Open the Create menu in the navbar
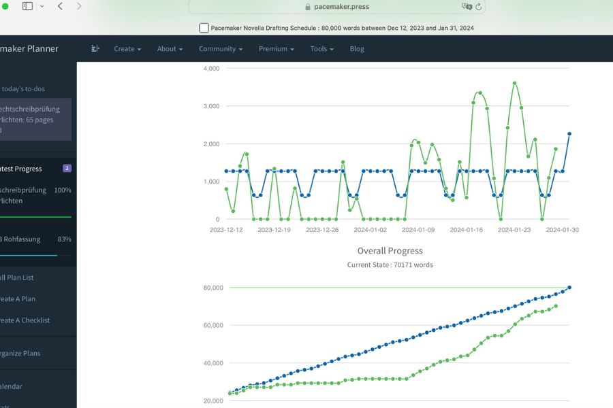pos(127,49)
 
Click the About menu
pos(170,49)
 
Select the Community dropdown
pos(221,49)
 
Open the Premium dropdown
pos(276,49)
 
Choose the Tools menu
pos(321,49)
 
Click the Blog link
pos(357,49)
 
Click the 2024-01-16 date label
pos(467,230)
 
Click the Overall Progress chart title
pos(390,251)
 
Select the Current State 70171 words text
pos(390,265)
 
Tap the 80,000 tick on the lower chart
pos(213,288)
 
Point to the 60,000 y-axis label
pos(213,325)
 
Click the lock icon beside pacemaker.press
pos(308,7)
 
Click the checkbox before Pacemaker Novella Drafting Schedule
pos(204,28)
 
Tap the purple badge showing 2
pos(67,169)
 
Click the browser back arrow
pos(60,6)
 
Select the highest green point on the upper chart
pos(514,83)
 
